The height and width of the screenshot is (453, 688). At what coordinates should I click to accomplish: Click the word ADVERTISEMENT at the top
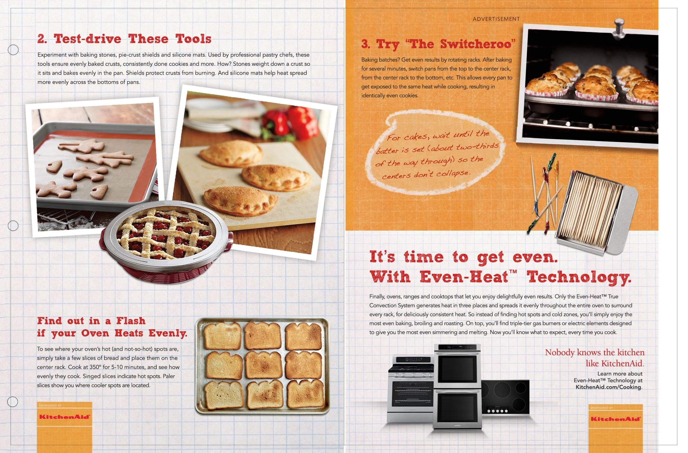click(496, 19)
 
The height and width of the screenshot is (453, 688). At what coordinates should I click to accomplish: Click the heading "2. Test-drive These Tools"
click(124, 39)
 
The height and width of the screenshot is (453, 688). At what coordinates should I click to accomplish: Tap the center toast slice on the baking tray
click(263, 364)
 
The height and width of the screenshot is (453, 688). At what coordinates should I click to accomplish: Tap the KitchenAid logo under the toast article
click(64, 417)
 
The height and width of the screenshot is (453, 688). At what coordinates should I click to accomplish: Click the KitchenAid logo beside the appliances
click(615, 419)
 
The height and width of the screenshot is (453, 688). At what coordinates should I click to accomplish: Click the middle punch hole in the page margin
click(13, 226)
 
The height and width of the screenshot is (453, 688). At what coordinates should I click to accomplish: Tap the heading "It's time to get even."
click(464, 257)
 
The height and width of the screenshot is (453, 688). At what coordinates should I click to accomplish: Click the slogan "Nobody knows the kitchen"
click(595, 352)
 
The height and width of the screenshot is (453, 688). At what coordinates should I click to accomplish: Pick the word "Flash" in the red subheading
click(131, 321)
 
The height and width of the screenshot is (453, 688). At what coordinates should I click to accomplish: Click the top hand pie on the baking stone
click(231, 153)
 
